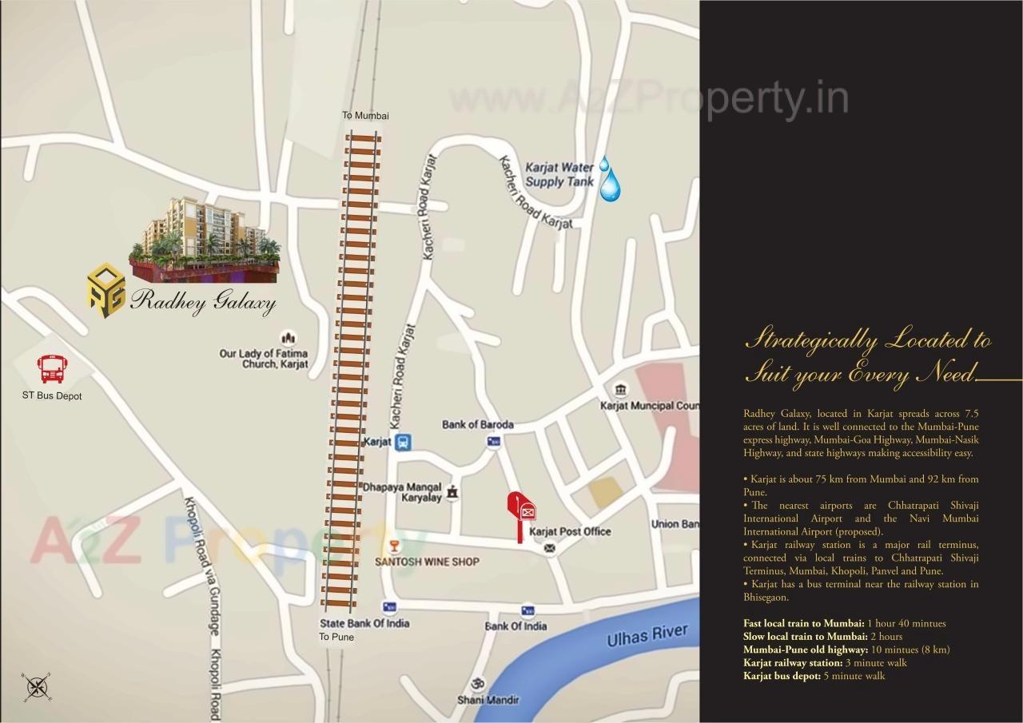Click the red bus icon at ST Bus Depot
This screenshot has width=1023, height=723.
pos(53,370)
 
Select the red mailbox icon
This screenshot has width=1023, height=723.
pos(522,512)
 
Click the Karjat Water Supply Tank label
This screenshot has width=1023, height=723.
pos(559,175)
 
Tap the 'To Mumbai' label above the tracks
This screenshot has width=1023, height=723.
pos(365,116)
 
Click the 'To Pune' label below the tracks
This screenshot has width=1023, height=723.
pos(336,637)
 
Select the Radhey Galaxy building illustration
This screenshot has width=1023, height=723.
pos(205,238)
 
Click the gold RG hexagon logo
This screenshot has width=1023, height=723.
pos(106,290)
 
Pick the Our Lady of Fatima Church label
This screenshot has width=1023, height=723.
pos(263,359)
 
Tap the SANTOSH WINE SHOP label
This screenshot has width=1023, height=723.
pos(427,562)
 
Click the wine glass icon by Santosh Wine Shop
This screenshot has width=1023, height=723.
pos(392,546)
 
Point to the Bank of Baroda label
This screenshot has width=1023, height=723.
pos(478,424)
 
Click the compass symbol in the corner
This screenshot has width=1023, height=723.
pos(38,686)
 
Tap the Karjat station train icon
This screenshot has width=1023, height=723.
pos(404,442)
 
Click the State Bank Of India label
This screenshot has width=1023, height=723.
pos(364,623)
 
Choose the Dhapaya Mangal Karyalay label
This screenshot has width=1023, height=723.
pos(402,492)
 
